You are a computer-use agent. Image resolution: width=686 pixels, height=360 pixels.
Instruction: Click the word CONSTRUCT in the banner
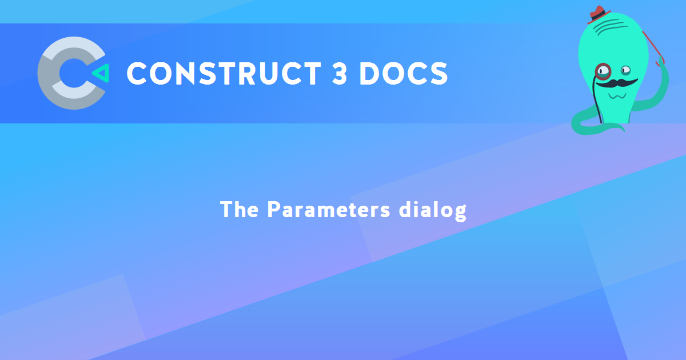point(224,74)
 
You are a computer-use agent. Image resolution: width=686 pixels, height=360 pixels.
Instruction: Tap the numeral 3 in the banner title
point(340,74)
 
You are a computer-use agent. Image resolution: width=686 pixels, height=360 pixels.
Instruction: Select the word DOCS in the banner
point(404,74)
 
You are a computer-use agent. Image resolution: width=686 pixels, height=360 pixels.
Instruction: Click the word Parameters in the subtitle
point(329,210)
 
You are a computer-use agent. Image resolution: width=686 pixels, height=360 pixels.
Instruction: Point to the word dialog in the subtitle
point(433,211)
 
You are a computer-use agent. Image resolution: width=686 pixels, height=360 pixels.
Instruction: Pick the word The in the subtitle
point(239,210)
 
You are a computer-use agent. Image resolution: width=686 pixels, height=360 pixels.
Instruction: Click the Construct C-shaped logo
point(72,73)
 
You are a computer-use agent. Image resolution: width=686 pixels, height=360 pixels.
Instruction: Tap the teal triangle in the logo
point(101,73)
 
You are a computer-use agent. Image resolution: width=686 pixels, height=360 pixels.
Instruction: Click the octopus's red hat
point(597,15)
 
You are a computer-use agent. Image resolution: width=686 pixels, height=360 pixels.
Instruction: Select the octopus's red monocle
point(603,71)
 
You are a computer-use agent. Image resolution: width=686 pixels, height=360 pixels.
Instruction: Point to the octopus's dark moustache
point(616,83)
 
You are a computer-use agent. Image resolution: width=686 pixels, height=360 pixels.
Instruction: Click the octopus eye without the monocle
point(625,71)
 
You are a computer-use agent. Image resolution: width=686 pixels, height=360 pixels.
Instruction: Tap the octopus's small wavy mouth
point(617,97)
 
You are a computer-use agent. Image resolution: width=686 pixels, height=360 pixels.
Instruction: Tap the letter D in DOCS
point(370,74)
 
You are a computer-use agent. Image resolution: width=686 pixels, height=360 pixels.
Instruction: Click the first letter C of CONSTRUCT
point(137,74)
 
